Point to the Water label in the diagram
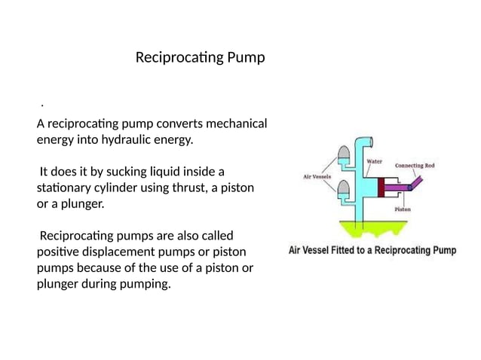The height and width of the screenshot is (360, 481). pos(374,161)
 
